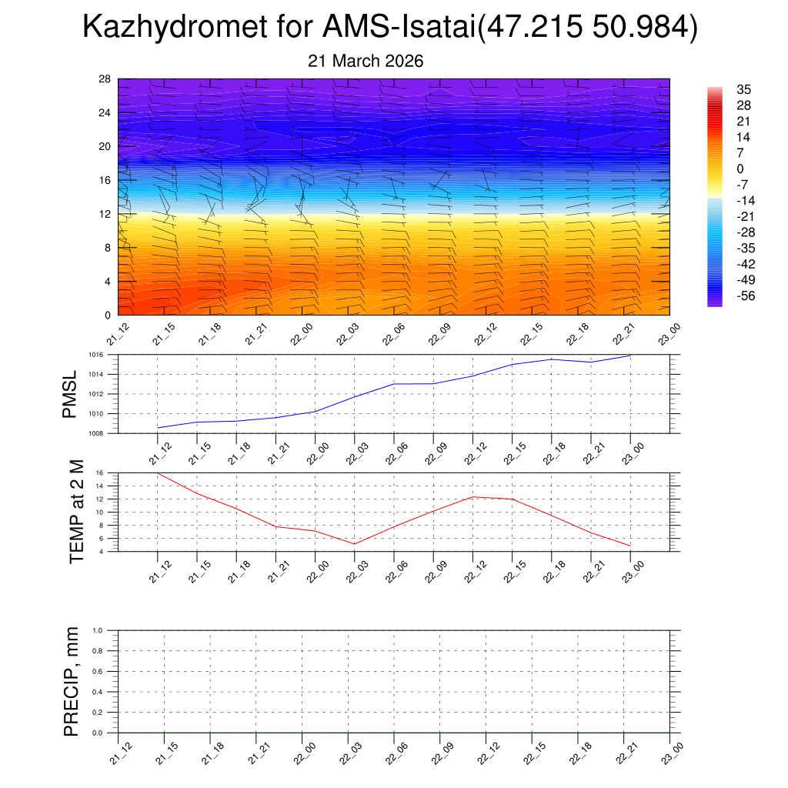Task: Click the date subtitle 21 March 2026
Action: click(x=366, y=62)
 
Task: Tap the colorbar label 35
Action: click(x=743, y=90)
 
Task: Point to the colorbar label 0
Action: click(x=740, y=169)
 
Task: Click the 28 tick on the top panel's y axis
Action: click(x=105, y=78)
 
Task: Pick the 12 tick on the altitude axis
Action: click(x=105, y=214)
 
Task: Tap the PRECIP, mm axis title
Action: click(x=72, y=681)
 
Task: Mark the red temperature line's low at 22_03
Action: click(x=354, y=544)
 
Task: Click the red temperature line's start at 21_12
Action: click(x=157, y=473)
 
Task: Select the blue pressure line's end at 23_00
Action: click(x=631, y=356)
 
